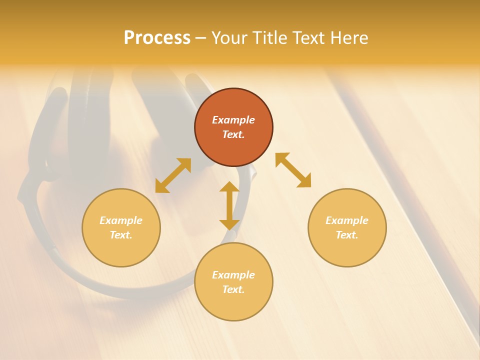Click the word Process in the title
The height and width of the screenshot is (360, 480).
[157, 38]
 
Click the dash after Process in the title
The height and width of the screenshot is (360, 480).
[201, 39]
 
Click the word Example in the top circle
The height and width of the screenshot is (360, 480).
[233, 120]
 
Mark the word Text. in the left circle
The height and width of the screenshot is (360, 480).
[121, 235]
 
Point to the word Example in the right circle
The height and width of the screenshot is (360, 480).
[347, 220]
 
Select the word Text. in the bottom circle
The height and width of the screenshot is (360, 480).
[233, 289]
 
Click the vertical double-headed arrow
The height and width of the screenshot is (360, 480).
[229, 205]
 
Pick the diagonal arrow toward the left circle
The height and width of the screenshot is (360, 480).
[173, 175]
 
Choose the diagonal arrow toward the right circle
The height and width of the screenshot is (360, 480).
[293, 170]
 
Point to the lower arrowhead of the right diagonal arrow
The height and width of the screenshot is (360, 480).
[304, 181]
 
